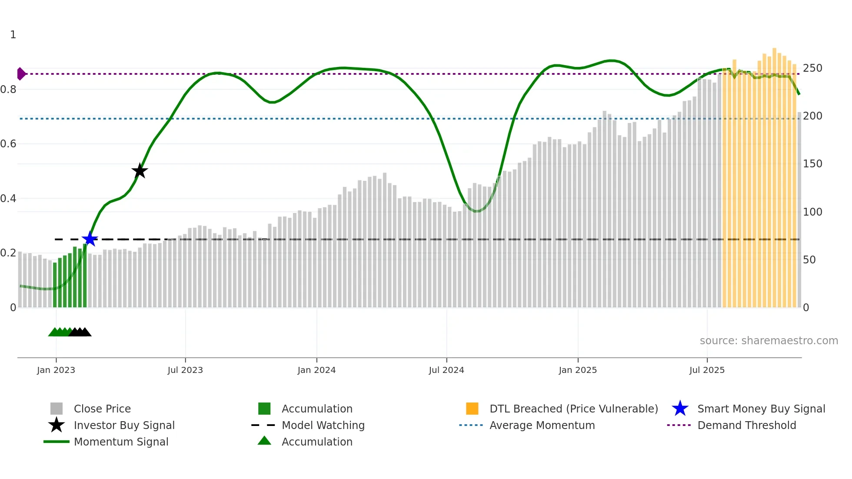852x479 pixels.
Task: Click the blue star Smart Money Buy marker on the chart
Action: point(90,239)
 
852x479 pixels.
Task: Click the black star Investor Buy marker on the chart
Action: point(140,171)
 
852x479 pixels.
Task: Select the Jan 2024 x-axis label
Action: point(316,370)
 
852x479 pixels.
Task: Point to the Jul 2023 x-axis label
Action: point(185,370)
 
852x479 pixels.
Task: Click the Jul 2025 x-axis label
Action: point(707,370)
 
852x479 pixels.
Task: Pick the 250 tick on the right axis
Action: point(812,68)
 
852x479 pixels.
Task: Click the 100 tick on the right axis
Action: point(812,212)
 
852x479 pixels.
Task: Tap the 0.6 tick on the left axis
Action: point(9,144)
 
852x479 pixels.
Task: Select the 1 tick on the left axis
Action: point(13,35)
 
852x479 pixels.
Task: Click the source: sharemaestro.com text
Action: point(769,341)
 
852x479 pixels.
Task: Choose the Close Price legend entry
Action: point(102,409)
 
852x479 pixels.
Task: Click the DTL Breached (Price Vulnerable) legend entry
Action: point(573,409)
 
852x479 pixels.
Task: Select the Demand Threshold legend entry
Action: point(746,426)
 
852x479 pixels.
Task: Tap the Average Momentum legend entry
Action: point(542,426)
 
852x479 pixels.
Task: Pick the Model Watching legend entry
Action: point(323,426)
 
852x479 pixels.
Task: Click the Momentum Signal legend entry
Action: point(121,442)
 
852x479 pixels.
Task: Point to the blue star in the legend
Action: point(680,409)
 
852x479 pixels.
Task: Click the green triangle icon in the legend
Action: point(264,441)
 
